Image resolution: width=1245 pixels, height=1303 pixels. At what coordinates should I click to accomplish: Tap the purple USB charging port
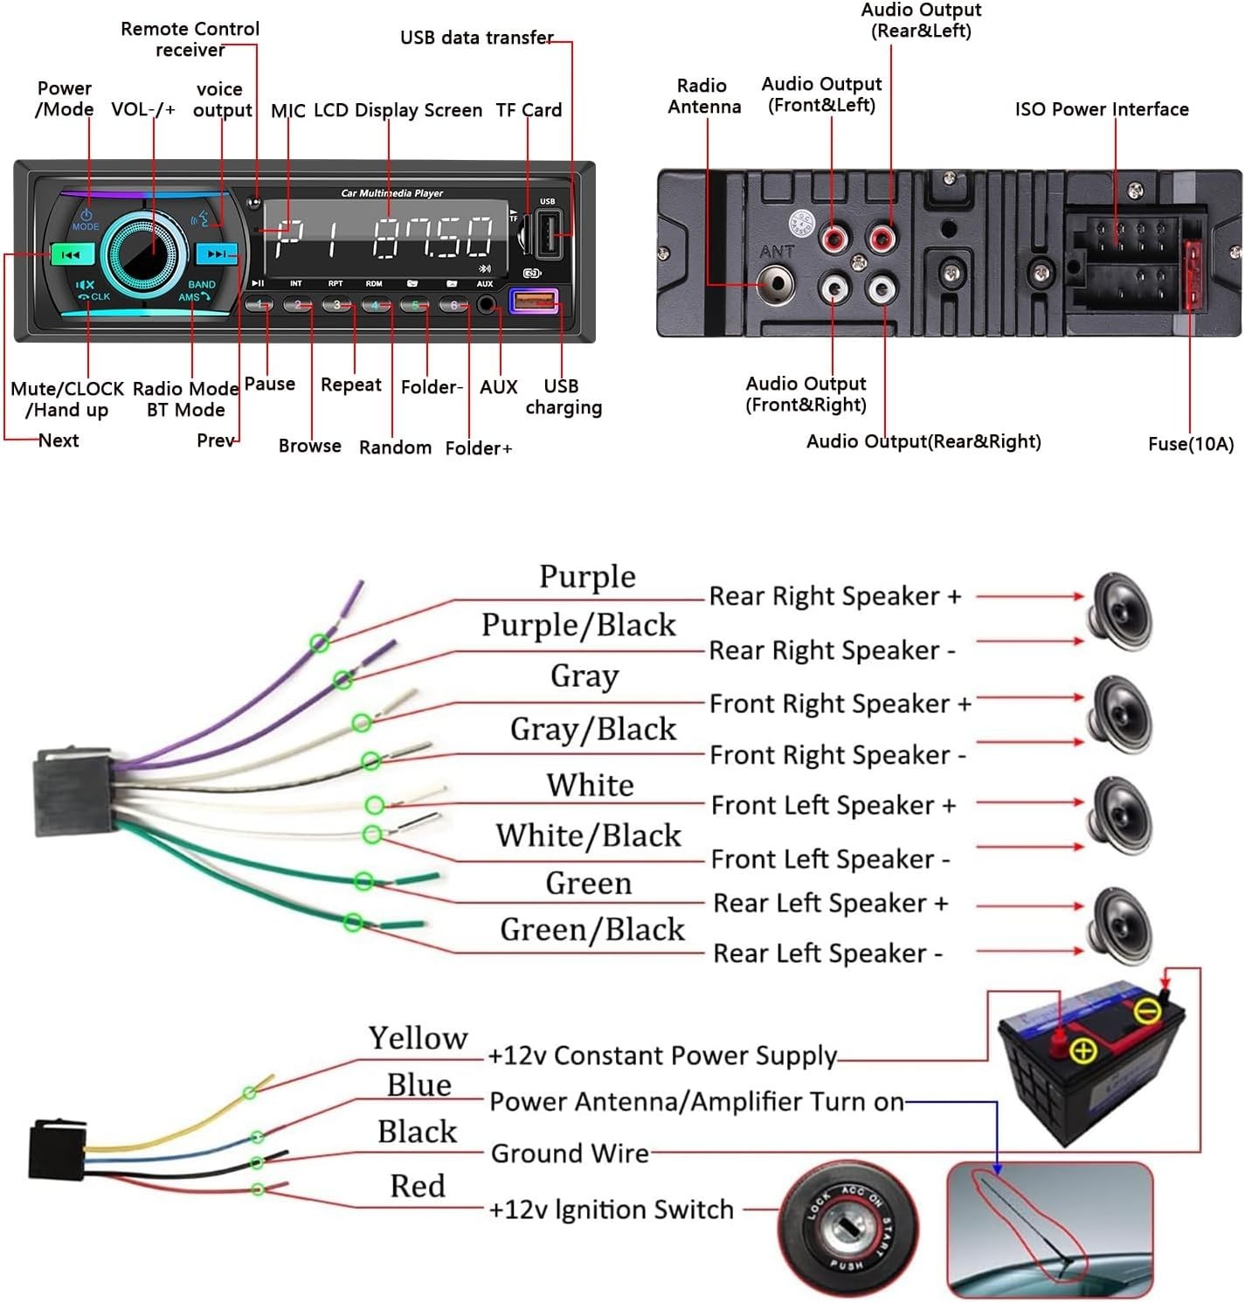[533, 302]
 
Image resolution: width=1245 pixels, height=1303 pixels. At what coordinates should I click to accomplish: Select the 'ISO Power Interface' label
[1101, 109]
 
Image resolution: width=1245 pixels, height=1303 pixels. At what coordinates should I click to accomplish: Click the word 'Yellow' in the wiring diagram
[418, 1038]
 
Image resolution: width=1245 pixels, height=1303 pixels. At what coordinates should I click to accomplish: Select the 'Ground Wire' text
[570, 1154]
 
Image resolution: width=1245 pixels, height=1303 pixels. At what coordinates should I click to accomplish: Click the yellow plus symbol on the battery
[1083, 1050]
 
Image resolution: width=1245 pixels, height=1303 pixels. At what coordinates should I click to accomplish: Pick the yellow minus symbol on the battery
[1147, 1012]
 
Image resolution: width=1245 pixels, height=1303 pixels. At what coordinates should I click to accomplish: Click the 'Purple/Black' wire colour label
[578, 626]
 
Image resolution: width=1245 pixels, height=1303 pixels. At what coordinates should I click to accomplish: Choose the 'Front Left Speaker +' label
[833, 806]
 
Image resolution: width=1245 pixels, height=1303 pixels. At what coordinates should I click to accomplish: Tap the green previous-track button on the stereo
[73, 255]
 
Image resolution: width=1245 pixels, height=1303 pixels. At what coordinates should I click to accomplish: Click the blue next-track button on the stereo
[216, 254]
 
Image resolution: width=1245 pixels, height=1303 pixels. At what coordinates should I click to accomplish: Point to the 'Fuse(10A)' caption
[1190, 444]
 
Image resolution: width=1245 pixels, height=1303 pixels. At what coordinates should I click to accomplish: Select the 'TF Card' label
[529, 110]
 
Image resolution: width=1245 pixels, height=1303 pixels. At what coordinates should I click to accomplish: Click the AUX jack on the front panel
[487, 305]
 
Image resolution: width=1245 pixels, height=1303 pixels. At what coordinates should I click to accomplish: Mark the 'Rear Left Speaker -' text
[827, 953]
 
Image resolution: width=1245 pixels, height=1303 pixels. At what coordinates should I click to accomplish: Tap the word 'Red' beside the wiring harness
[418, 1186]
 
